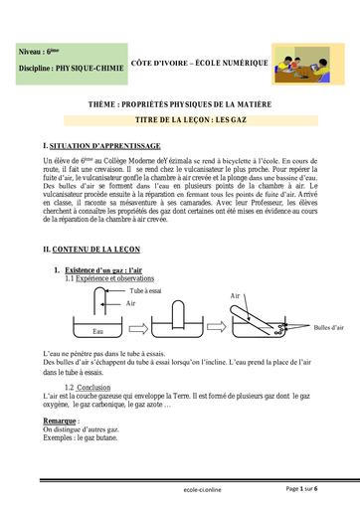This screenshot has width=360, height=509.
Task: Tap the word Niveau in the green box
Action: (32, 50)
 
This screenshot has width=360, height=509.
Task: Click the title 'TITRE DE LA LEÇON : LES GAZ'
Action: (180, 118)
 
